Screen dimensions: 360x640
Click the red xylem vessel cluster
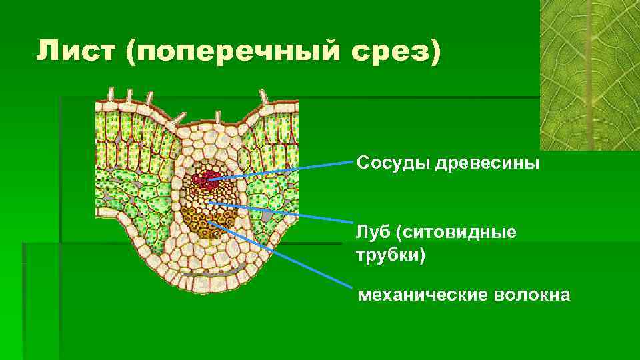coord(207,178)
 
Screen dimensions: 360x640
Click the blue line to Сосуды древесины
coord(287,169)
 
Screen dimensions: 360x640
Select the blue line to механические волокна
coord(287,256)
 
